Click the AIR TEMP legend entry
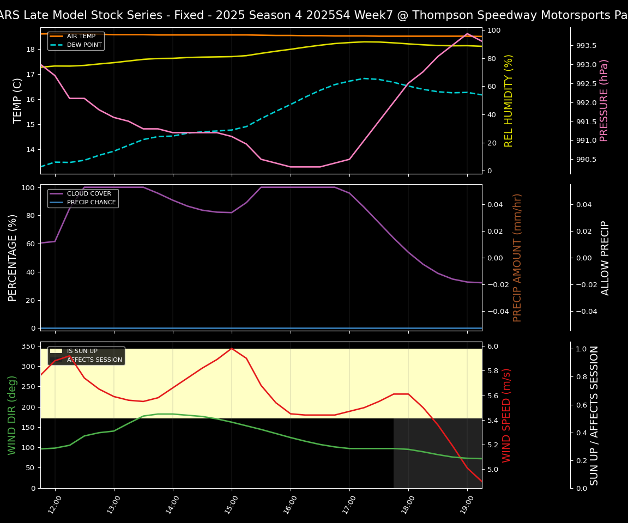click(x=81, y=37)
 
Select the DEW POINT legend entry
click(x=84, y=45)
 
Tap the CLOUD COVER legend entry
click(x=89, y=194)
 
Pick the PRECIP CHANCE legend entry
click(x=91, y=203)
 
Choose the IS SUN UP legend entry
click(x=82, y=351)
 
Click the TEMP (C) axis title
click(x=18, y=100)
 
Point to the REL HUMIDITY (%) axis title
click(x=509, y=100)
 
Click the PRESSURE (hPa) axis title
click(x=604, y=100)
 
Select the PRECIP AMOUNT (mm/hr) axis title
click(x=518, y=257)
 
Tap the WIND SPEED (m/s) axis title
click(x=507, y=415)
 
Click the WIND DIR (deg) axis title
click(x=12, y=415)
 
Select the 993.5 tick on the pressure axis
click(x=586, y=46)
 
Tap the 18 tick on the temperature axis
click(x=31, y=50)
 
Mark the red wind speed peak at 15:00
click(x=232, y=348)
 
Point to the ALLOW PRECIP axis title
click(x=605, y=257)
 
